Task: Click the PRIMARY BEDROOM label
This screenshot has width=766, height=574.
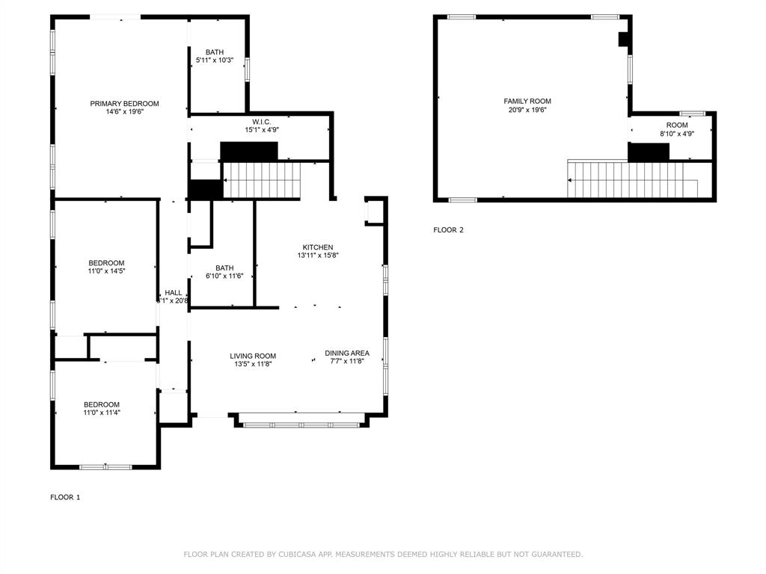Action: click(x=124, y=104)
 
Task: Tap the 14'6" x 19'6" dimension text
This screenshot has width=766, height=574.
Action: click(x=124, y=113)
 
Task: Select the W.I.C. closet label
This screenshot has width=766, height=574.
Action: click(x=261, y=121)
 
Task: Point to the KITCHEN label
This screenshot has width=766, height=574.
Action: click(x=318, y=247)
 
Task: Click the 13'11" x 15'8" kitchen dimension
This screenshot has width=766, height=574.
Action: click(x=318, y=256)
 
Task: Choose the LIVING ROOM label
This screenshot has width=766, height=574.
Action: click(x=254, y=356)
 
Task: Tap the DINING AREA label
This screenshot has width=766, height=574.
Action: click(x=347, y=353)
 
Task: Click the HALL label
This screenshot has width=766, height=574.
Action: click(x=174, y=293)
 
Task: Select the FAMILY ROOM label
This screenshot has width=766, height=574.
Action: click(x=527, y=101)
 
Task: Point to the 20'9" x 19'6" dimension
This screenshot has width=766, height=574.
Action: click(x=527, y=110)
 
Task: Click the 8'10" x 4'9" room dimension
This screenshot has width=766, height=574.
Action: click(x=677, y=134)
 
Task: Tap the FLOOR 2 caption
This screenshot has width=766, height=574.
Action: click(x=448, y=230)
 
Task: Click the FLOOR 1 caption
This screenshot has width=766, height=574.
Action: click(x=65, y=497)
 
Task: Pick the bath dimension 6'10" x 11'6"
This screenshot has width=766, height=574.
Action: click(x=224, y=276)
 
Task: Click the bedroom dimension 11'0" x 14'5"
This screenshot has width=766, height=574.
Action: click(x=106, y=271)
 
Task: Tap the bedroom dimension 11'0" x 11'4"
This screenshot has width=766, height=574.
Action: click(x=102, y=413)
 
